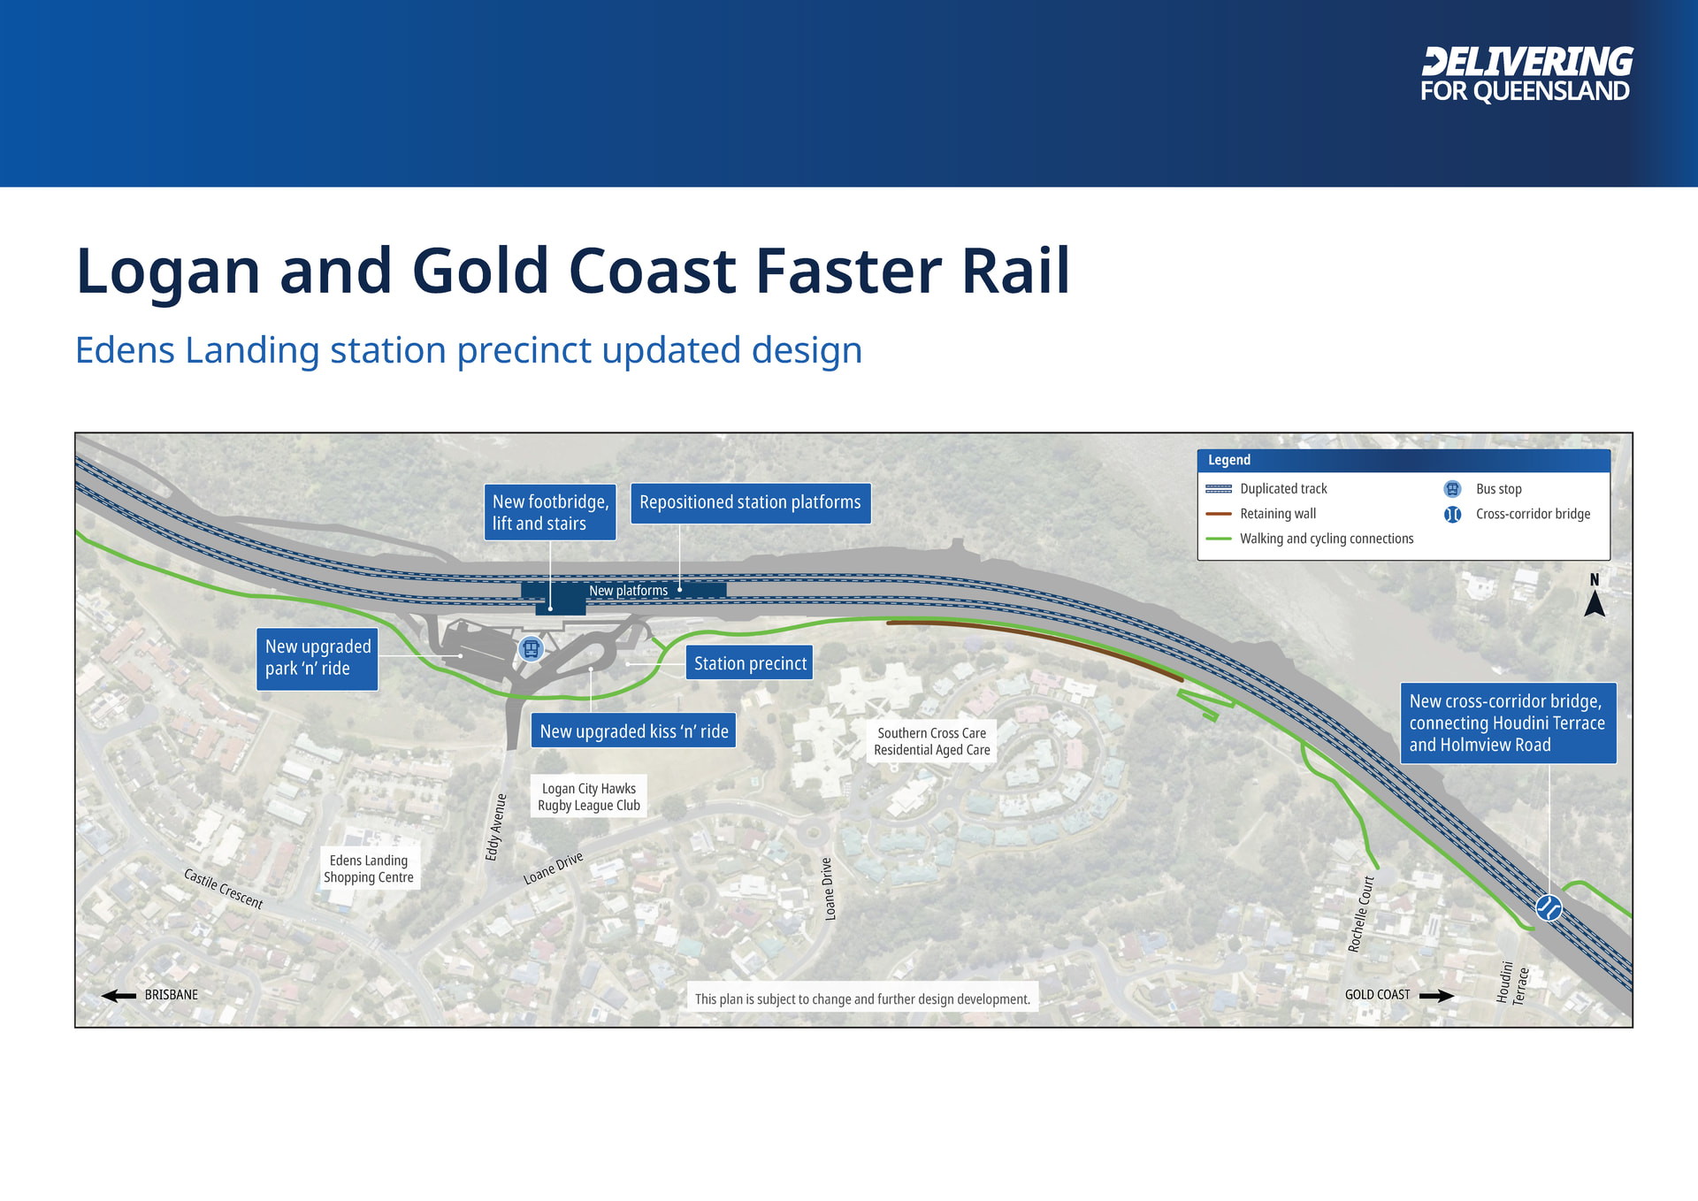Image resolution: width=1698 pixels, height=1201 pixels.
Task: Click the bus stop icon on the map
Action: [531, 649]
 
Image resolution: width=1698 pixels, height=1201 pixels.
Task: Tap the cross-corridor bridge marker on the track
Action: [1549, 907]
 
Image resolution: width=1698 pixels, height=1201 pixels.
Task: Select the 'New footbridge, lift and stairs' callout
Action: [550, 512]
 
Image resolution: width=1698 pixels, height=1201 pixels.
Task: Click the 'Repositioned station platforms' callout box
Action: [750, 502]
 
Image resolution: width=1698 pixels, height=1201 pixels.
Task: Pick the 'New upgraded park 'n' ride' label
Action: [317, 658]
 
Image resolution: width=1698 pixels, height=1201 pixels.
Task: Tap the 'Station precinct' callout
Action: [750, 663]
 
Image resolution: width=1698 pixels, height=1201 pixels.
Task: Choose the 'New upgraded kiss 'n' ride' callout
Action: [634, 731]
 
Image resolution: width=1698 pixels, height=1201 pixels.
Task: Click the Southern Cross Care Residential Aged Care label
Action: [932, 741]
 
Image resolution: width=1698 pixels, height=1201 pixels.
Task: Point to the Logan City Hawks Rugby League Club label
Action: [589, 797]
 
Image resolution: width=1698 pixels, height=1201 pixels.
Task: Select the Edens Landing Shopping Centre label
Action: [369, 868]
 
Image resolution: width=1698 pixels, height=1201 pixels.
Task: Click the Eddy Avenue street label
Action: [496, 827]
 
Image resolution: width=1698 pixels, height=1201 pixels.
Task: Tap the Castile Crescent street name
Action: [224, 889]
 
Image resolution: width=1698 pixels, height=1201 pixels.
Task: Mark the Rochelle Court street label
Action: [1361, 914]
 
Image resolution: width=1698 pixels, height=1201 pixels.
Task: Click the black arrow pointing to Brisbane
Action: [119, 996]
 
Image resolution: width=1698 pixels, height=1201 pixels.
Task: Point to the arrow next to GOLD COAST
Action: [1436, 996]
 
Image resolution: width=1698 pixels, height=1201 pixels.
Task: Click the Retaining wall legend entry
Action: [1261, 514]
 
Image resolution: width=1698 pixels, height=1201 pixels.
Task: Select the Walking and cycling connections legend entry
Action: [1310, 539]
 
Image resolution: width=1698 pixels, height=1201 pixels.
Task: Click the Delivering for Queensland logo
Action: [1526, 74]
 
